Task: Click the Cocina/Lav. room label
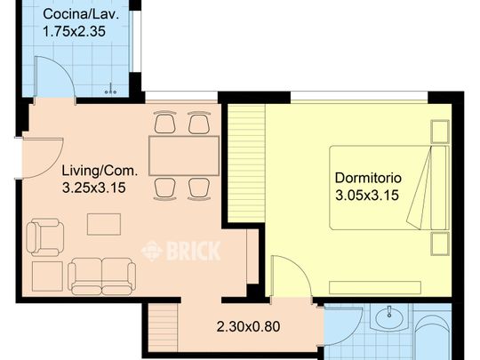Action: (x=81, y=14)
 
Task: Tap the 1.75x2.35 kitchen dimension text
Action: (x=75, y=31)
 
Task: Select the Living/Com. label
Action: (x=100, y=171)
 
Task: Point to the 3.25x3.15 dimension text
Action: (x=94, y=188)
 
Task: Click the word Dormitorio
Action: (x=368, y=178)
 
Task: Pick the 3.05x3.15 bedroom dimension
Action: (x=367, y=195)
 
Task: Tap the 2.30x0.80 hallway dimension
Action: (x=248, y=326)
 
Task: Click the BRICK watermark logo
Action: (x=181, y=251)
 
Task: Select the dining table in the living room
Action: (x=184, y=156)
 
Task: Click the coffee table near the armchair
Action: (x=104, y=224)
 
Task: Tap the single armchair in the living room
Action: (x=45, y=237)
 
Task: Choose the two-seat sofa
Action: (x=102, y=276)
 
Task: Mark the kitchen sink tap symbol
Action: (x=111, y=89)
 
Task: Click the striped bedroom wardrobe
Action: (x=246, y=164)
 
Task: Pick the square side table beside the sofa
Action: (x=47, y=276)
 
